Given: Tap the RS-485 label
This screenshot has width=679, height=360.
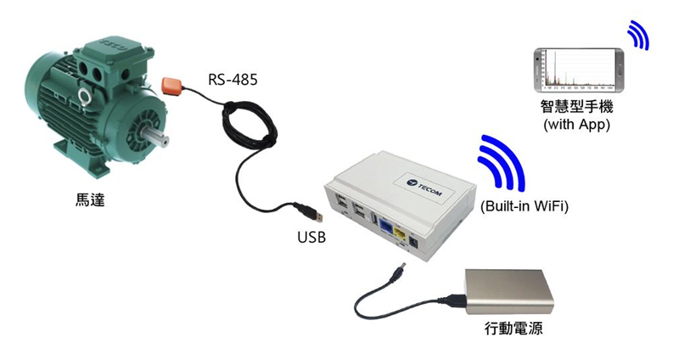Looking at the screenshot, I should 233,80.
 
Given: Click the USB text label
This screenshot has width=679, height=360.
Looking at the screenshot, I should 311,237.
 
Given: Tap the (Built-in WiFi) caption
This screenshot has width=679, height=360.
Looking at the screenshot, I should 524,206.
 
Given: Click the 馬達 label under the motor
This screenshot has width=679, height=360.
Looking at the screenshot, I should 91,200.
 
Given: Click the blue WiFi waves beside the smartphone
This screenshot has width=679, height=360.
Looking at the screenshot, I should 638,35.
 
